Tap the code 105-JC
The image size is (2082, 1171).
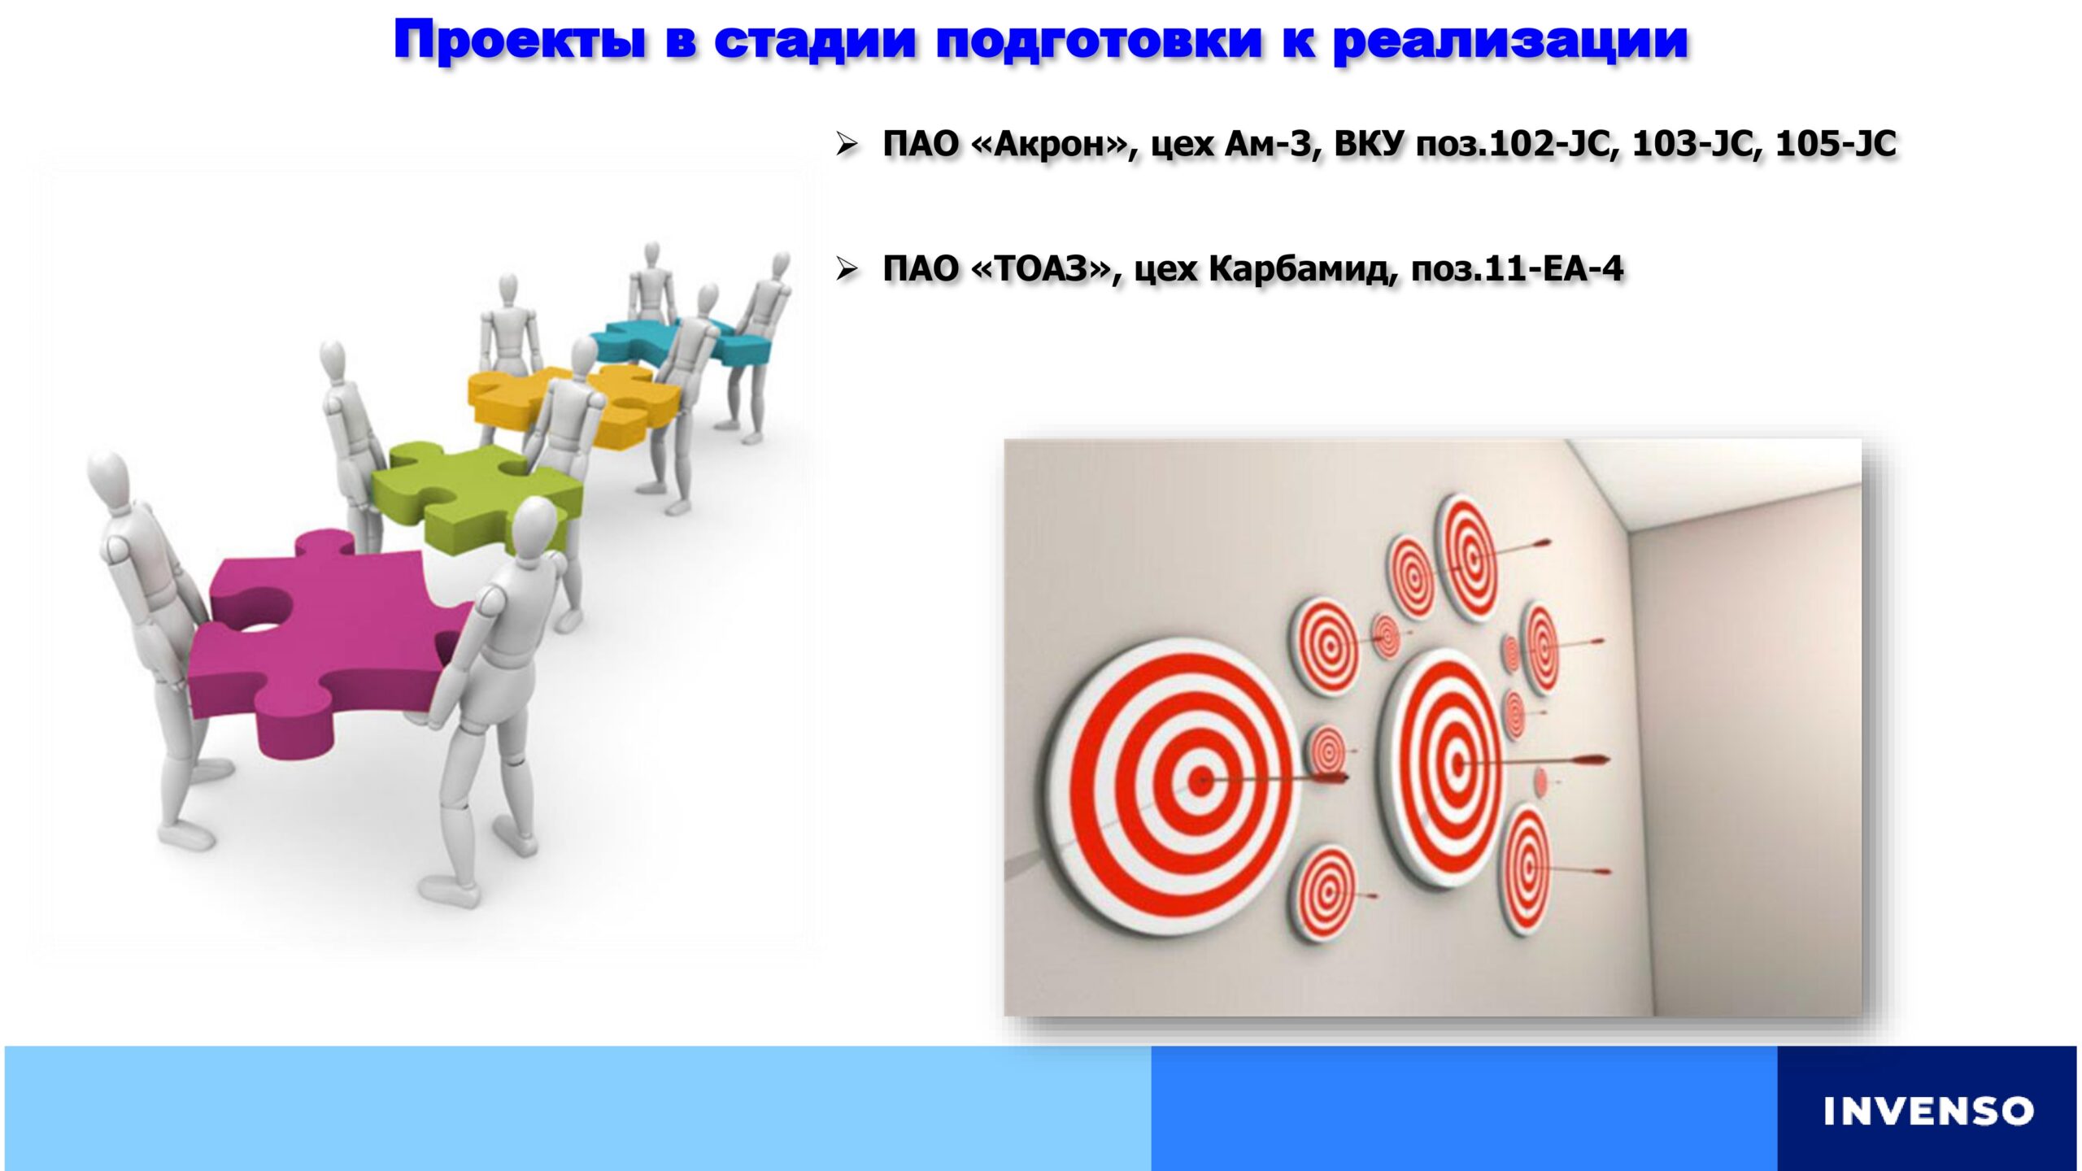1836,145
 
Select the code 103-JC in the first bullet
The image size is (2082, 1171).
1693,145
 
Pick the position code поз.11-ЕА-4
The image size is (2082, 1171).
1518,269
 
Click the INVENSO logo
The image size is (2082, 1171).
1928,1111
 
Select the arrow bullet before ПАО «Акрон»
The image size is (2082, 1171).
847,146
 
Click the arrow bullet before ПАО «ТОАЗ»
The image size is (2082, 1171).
847,269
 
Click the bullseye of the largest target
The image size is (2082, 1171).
1201,781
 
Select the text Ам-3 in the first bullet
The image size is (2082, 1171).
1268,145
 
